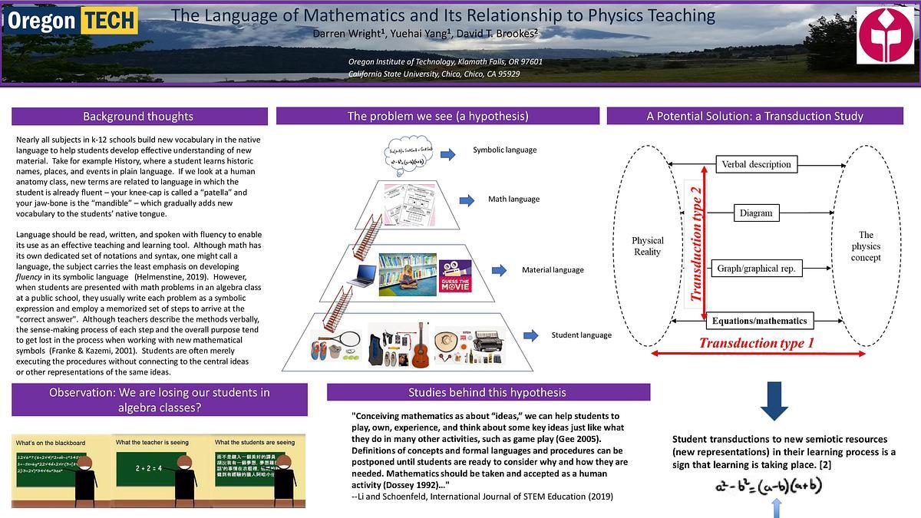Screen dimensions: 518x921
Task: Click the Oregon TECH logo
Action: (x=71, y=21)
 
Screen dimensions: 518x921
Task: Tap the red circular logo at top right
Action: (x=885, y=36)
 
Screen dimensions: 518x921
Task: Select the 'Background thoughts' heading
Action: (x=138, y=117)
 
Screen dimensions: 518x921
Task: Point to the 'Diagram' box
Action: (x=756, y=213)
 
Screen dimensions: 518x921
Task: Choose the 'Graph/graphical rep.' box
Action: (x=756, y=269)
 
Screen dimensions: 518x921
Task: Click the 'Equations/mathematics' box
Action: (x=759, y=321)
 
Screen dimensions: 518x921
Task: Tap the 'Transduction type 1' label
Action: (x=756, y=343)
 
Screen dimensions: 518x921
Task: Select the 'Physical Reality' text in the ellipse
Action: (x=647, y=246)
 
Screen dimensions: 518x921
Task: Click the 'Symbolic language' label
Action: (x=504, y=150)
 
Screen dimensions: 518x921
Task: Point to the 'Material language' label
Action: (x=553, y=270)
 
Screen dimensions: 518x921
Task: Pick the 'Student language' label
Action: (x=581, y=335)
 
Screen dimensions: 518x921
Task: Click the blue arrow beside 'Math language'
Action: (x=467, y=200)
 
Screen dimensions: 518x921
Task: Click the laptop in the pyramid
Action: (x=365, y=274)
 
